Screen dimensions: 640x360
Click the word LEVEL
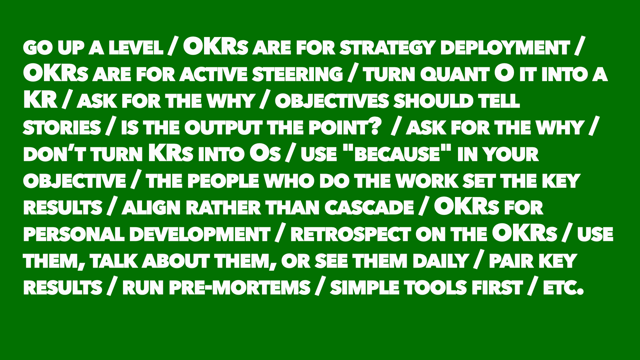tap(136, 48)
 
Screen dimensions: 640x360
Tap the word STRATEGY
tap(387, 48)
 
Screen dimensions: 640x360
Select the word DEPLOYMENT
tap(505, 48)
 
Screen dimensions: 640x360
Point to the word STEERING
tap(297, 74)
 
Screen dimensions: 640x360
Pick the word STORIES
tap(62, 128)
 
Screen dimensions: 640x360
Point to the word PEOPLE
tap(223, 181)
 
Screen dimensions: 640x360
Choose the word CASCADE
tap(369, 208)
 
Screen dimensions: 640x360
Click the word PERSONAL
tap(74, 234)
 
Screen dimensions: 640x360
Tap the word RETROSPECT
tap(350, 234)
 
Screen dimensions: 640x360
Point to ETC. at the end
tap(564, 288)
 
